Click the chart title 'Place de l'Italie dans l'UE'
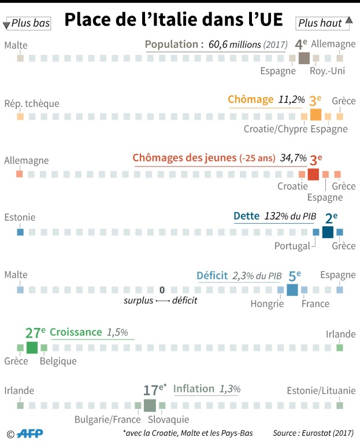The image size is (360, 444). (173, 20)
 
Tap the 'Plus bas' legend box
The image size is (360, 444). (27, 24)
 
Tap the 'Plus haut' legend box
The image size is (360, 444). (324, 23)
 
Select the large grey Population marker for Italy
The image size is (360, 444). (304, 58)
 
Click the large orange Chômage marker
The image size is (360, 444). (316, 114)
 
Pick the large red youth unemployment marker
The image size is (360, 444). (313, 174)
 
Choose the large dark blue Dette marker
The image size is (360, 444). (328, 232)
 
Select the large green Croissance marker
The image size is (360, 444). (32, 347)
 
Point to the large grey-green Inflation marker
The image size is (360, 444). (150, 405)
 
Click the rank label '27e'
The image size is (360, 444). (35, 333)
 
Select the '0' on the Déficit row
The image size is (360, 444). (162, 290)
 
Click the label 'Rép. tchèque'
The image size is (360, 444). (32, 103)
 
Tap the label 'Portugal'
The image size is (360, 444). (292, 245)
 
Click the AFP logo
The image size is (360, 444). (29, 433)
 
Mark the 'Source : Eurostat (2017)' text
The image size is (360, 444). (313, 433)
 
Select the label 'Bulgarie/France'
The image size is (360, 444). (108, 420)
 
